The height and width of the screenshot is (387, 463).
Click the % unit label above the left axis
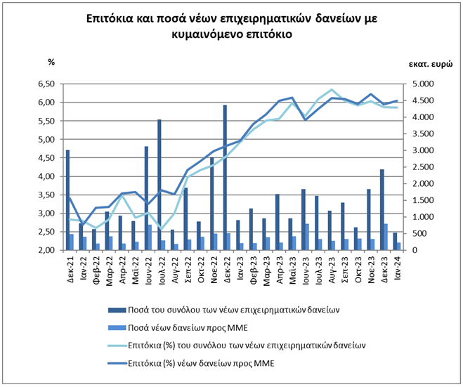[x=51, y=62]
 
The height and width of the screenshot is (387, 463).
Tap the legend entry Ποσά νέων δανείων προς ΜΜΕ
[x=185, y=328]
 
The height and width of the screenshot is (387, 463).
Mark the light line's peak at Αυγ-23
[x=332, y=90]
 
